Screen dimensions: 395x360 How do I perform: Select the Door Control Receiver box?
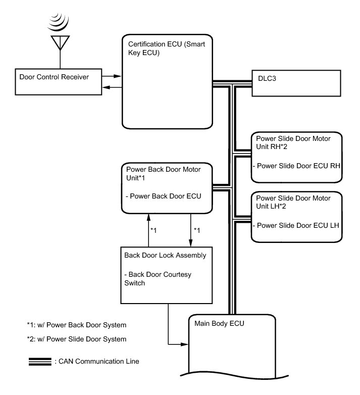[58, 81]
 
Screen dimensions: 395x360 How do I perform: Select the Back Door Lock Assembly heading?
[165, 255]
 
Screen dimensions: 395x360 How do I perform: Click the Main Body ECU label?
[220, 323]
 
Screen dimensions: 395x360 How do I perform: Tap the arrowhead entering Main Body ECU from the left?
[184, 344]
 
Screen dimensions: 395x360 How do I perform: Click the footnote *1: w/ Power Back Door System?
[76, 324]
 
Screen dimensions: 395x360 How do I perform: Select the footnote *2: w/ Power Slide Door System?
[76, 339]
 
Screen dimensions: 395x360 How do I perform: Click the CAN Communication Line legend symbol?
[40, 361]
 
